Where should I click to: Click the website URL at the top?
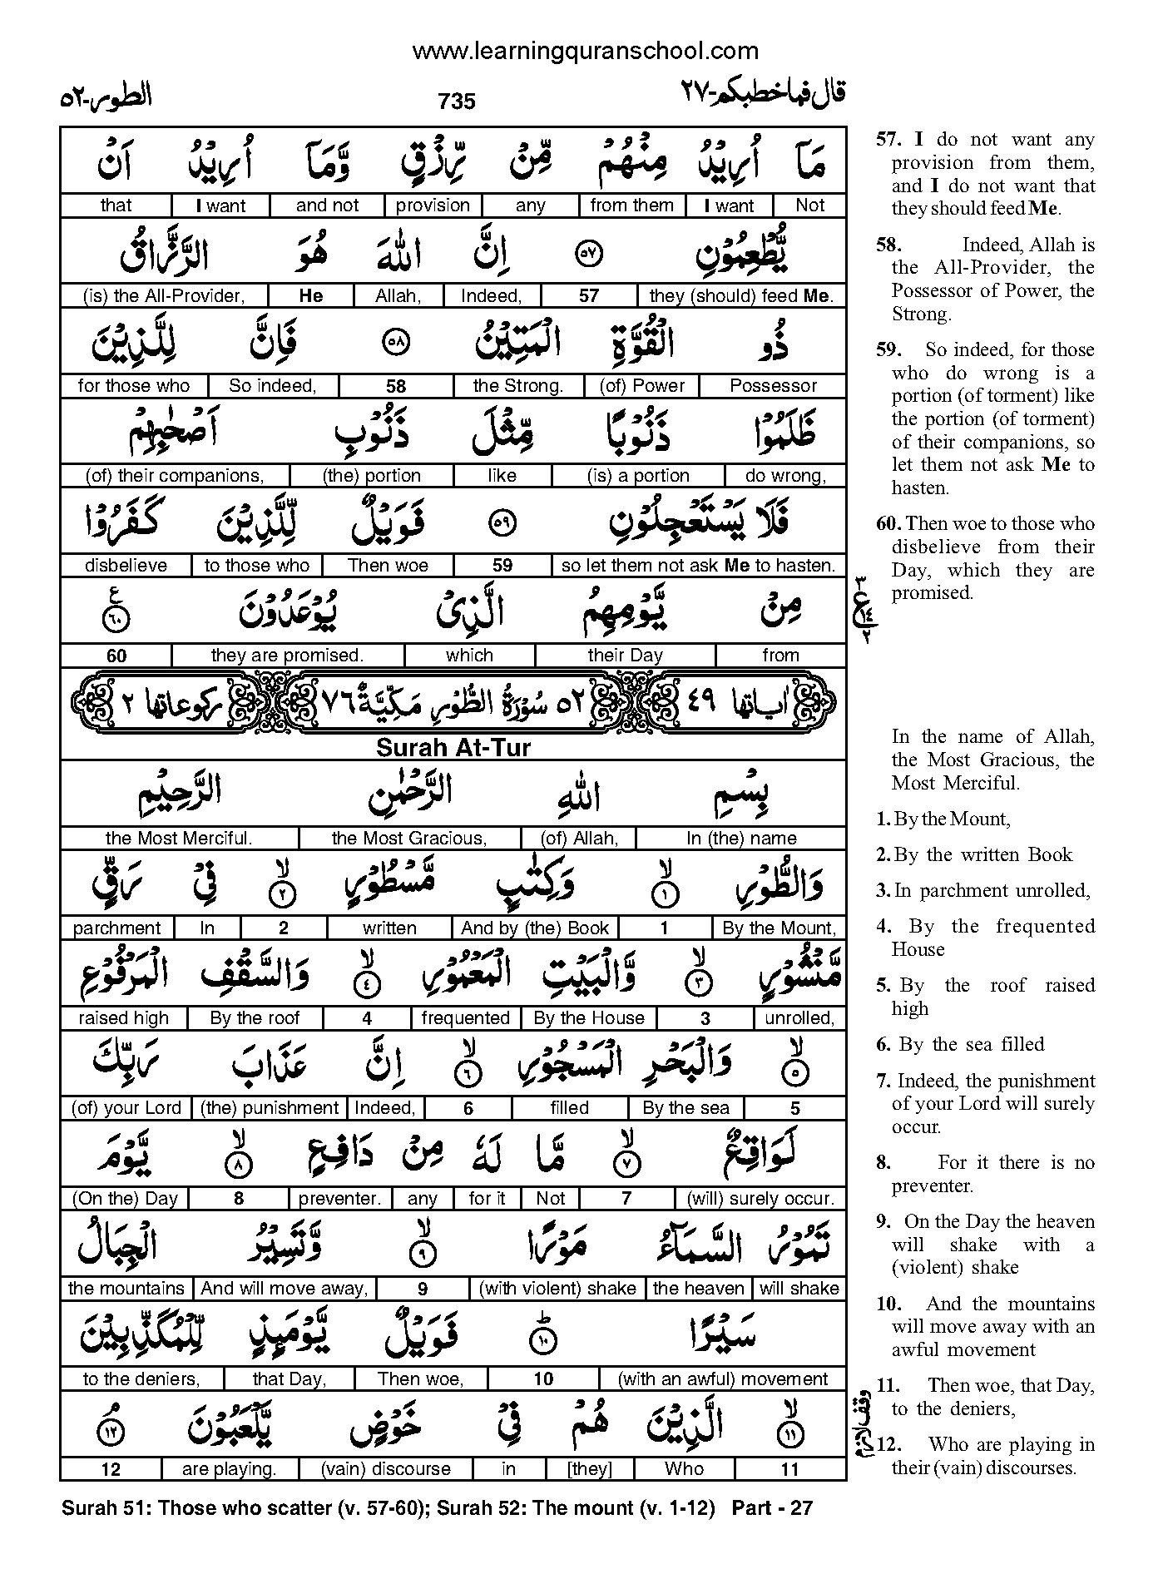pyautogui.click(x=585, y=52)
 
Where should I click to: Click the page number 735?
pyautogui.click(x=456, y=101)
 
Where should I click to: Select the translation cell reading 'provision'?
pyautogui.click(x=433, y=205)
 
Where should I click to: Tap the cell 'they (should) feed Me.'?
pyautogui.click(x=741, y=295)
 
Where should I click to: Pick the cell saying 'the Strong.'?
pyautogui.click(x=517, y=386)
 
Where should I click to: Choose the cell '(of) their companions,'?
pyautogui.click(x=175, y=476)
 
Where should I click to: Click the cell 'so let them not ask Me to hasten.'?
pyautogui.click(x=698, y=566)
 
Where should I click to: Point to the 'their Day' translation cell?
pyautogui.click(x=625, y=656)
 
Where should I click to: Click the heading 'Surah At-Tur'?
pyautogui.click(x=453, y=747)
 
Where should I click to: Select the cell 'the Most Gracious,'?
pyautogui.click(x=408, y=838)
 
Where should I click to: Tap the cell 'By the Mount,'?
pyautogui.click(x=779, y=928)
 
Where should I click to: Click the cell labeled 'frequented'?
pyautogui.click(x=465, y=1018)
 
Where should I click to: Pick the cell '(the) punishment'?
pyautogui.click(x=270, y=1108)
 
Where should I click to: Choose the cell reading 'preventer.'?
pyautogui.click(x=339, y=1199)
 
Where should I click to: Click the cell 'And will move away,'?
pyautogui.click(x=285, y=1289)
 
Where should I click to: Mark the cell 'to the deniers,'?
pyautogui.click(x=141, y=1379)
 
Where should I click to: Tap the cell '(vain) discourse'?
pyautogui.click(x=386, y=1469)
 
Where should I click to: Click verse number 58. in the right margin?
pyautogui.click(x=888, y=245)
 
